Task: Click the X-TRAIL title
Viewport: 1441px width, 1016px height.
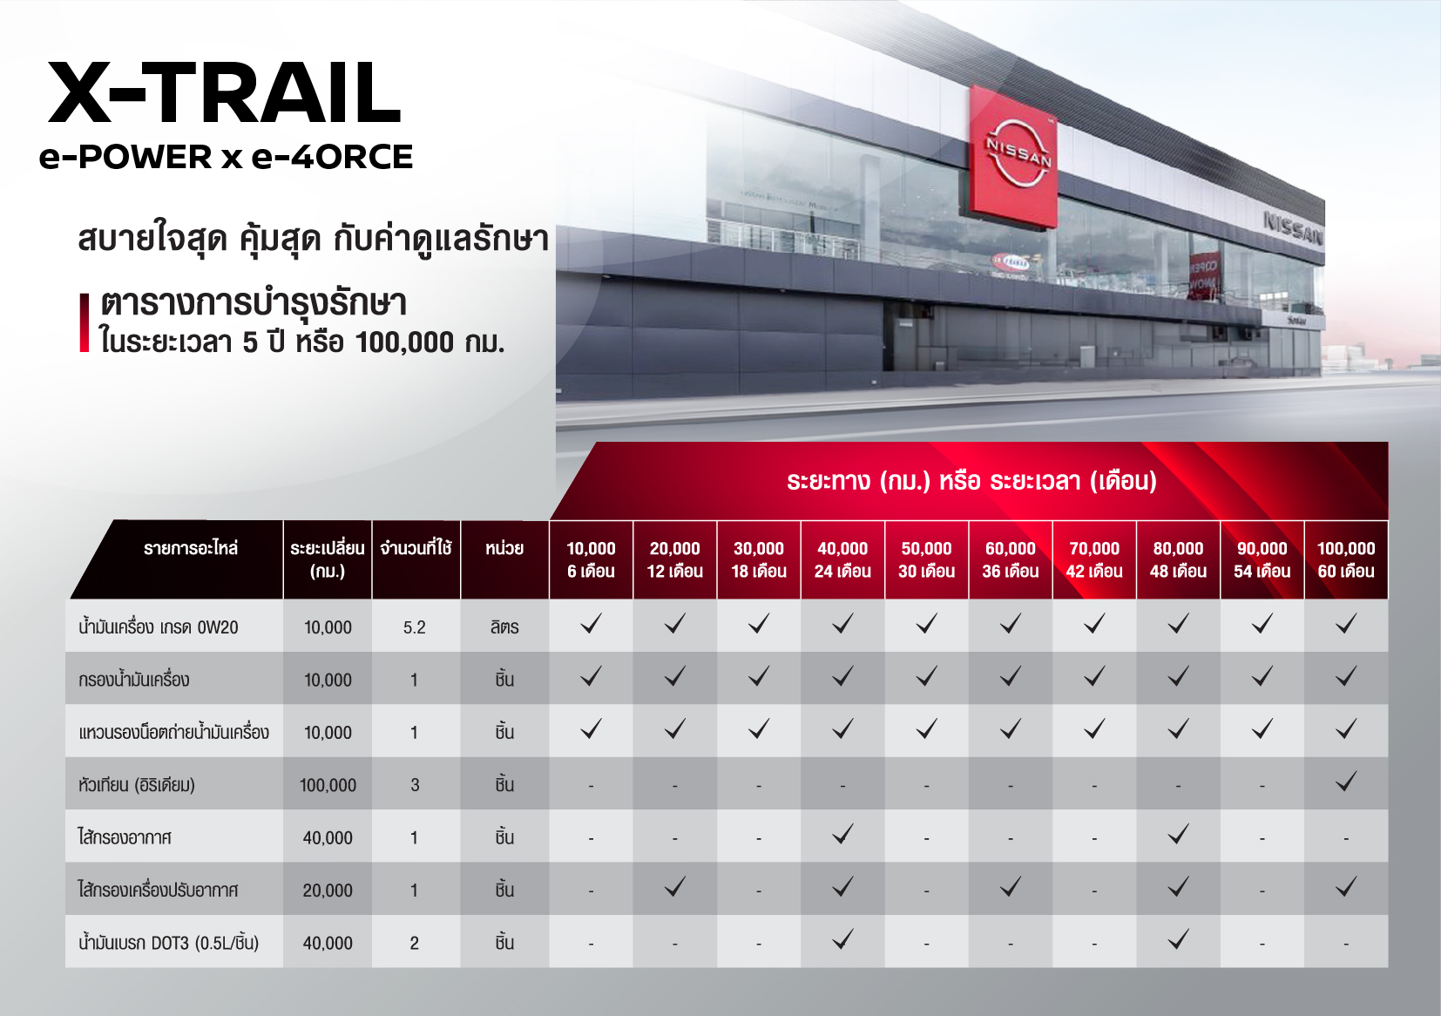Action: point(224,93)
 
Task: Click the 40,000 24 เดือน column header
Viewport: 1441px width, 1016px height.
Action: point(842,559)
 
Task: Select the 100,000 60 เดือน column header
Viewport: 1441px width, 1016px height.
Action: point(1346,559)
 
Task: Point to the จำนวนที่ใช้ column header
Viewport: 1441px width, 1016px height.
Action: point(416,549)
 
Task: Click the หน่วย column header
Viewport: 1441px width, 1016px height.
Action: point(504,549)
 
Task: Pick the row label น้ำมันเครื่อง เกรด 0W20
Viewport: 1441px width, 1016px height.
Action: point(159,627)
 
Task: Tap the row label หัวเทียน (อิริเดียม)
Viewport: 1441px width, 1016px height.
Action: point(137,785)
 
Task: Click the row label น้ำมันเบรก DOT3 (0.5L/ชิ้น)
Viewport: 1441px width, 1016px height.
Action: point(169,943)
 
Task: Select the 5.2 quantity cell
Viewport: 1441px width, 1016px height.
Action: point(415,627)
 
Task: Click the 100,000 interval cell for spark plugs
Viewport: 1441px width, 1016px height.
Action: point(328,785)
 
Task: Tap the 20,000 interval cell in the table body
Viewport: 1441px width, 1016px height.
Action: point(328,891)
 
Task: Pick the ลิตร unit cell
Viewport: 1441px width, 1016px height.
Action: point(504,627)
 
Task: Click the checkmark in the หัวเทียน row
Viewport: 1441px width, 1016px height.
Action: point(1346,782)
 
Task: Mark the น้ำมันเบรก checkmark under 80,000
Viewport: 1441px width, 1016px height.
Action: point(1178,939)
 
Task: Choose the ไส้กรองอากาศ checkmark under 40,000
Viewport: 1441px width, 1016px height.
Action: point(842,834)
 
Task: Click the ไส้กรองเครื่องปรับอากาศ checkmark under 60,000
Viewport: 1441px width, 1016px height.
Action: point(1011,887)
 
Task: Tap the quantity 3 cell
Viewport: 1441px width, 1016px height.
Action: point(415,785)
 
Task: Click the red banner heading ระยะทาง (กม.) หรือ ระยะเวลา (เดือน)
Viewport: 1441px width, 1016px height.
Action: point(971,481)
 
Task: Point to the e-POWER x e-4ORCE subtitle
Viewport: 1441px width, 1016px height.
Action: point(227,158)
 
